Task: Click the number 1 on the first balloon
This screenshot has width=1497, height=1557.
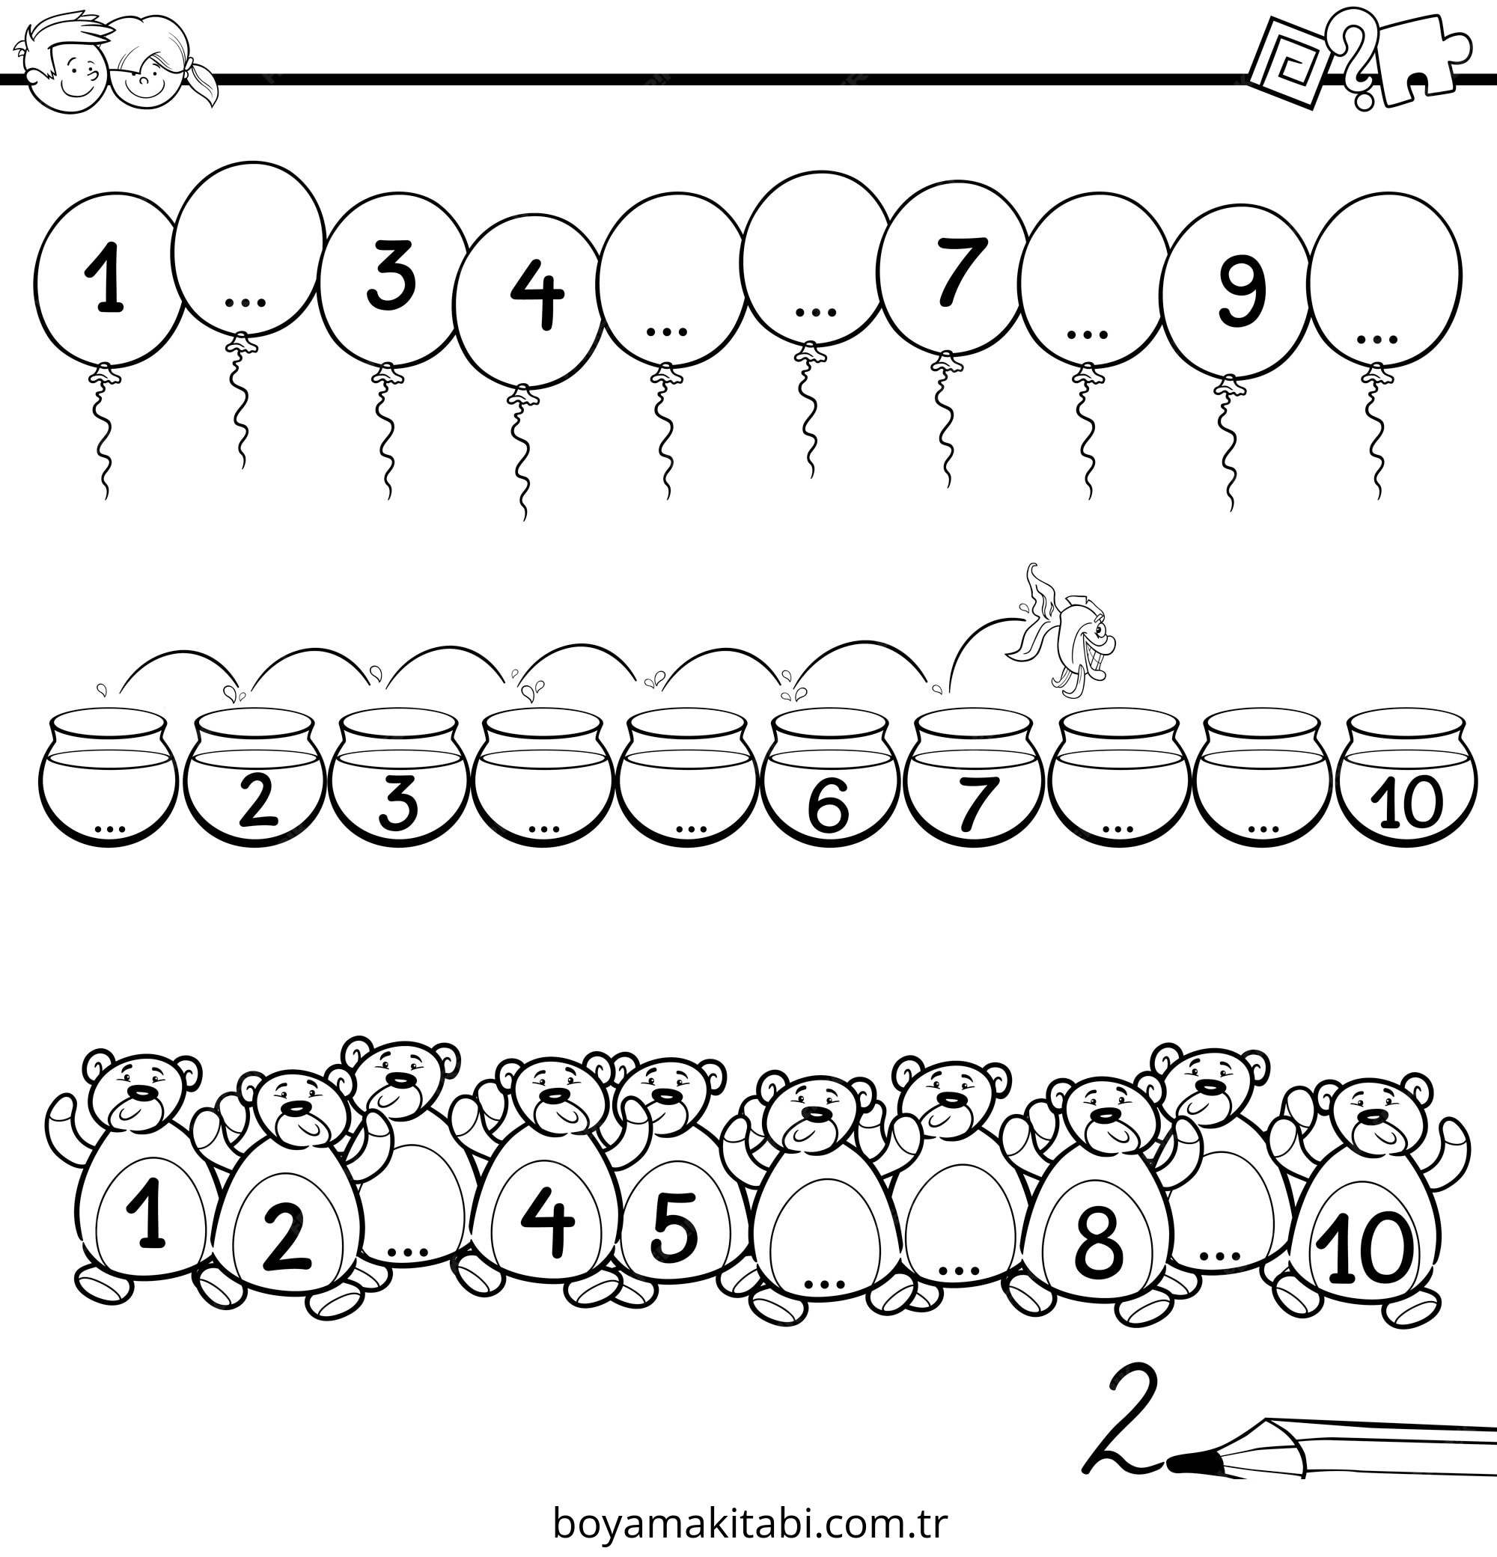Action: pos(105,278)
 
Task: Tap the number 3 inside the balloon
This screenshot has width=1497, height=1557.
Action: pos(391,275)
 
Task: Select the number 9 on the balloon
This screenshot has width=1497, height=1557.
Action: pos(1242,293)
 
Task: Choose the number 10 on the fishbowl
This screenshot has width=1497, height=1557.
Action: pos(1406,802)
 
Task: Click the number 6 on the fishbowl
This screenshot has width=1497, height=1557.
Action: pos(827,804)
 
